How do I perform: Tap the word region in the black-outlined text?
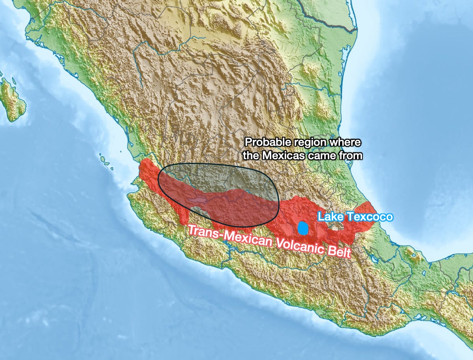(x=301, y=142)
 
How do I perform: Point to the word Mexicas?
(x=281, y=155)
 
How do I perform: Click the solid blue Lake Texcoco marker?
(x=303, y=228)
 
